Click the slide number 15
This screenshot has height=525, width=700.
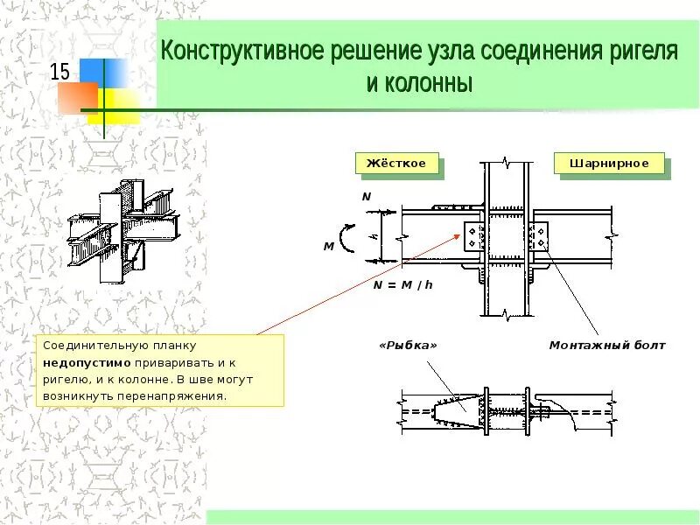click(59, 72)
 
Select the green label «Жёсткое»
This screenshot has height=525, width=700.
click(396, 164)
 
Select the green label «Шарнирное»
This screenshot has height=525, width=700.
click(609, 164)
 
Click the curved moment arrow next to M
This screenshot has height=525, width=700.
click(347, 236)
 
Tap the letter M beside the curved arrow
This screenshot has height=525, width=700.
click(329, 247)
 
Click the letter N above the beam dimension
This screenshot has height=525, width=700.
click(367, 197)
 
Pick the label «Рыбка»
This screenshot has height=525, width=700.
click(408, 346)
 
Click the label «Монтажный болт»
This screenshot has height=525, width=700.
click(607, 346)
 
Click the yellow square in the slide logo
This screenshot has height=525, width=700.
click(122, 103)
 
